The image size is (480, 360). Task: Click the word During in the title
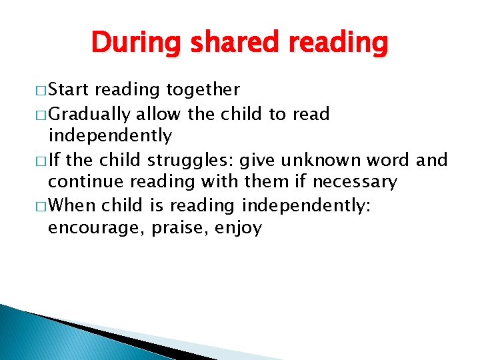pyautogui.click(x=136, y=43)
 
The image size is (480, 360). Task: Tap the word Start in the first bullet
pyautogui.click(x=70, y=90)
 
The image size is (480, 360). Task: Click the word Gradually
pyautogui.click(x=91, y=114)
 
